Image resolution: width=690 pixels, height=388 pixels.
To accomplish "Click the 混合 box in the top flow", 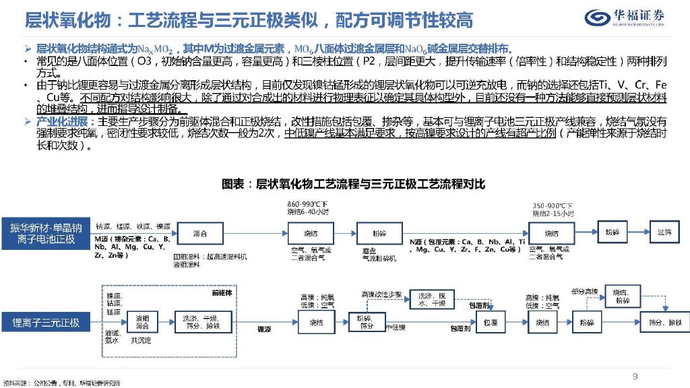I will click(199, 232).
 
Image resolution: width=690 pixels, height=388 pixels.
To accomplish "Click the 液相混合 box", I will click(143, 322).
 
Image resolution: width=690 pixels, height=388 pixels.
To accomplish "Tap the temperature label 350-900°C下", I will click(552, 205).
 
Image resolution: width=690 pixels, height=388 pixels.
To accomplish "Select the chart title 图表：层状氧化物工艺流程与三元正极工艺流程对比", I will click(354, 183).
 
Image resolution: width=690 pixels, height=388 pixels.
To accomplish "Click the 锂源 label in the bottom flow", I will click(265, 330).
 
